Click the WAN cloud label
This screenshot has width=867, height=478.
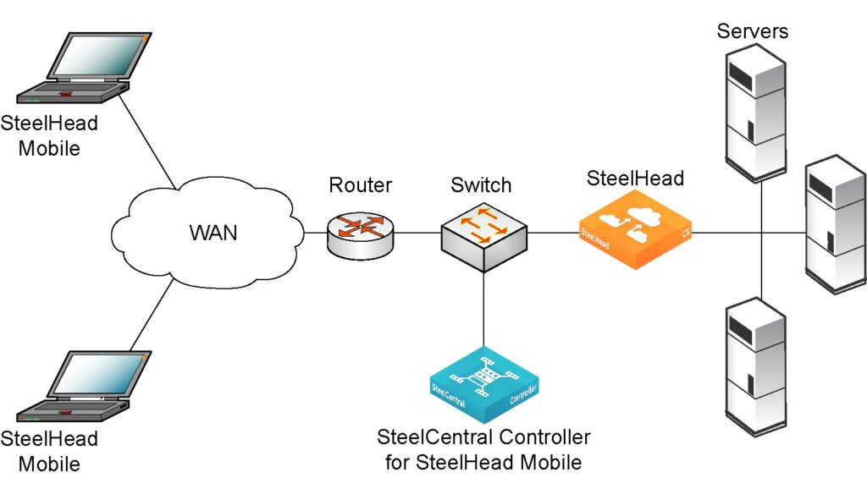(212, 232)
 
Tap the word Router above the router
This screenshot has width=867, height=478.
(361, 185)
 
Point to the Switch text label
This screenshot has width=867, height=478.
(481, 185)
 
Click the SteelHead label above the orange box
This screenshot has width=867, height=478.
(635, 179)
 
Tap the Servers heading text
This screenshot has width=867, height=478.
(753, 32)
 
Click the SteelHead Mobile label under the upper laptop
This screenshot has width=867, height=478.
(49, 135)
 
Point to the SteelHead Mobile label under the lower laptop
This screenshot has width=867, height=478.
(49, 452)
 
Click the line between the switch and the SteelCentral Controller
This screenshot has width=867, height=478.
(483, 309)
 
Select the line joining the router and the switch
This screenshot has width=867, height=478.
(417, 233)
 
